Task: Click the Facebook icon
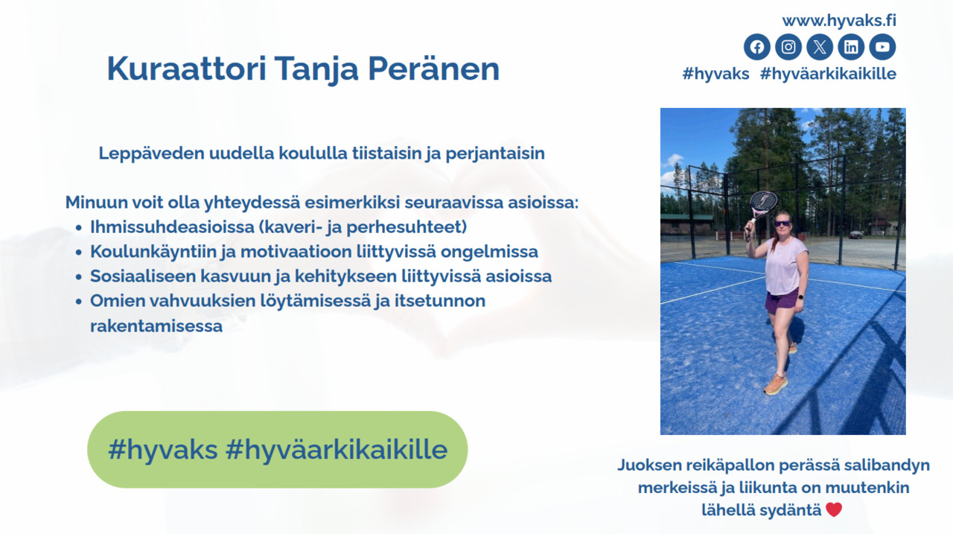[757, 47]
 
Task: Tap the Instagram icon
[788, 47]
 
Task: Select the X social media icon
[820, 47]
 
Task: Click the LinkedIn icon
[851, 47]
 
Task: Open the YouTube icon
[882, 47]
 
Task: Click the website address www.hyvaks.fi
[839, 20]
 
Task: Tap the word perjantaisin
[495, 153]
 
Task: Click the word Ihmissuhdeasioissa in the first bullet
[172, 227]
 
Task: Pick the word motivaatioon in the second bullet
[296, 252]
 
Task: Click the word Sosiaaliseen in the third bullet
[143, 276]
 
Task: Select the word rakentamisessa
[156, 326]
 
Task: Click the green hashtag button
[278, 449]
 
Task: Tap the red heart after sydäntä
[834, 509]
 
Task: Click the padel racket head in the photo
[763, 202]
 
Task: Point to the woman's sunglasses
[783, 223]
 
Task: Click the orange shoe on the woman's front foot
[775, 384]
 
